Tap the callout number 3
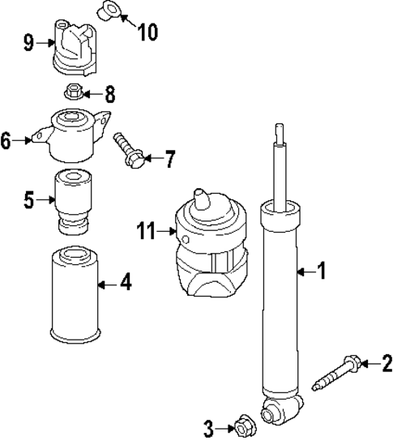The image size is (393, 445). (209, 427)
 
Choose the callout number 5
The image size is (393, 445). (29, 199)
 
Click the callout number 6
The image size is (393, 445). (6, 141)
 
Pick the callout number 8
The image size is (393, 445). (109, 94)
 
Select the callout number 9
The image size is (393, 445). (29, 42)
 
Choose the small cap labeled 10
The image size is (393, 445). (107, 11)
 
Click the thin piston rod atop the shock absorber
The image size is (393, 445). (280, 170)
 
